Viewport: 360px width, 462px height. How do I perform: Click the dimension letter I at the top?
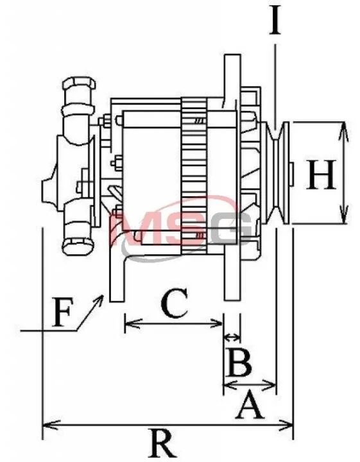(275, 21)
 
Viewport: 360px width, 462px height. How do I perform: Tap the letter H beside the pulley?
(321, 175)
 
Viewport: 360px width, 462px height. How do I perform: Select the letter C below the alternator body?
(175, 303)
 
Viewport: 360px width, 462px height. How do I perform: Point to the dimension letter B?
(239, 363)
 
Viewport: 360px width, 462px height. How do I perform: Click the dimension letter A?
(249, 404)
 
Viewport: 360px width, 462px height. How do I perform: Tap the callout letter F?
(62, 312)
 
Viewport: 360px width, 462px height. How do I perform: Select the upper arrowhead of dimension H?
(343, 130)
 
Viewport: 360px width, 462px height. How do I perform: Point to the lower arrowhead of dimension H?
(343, 215)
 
